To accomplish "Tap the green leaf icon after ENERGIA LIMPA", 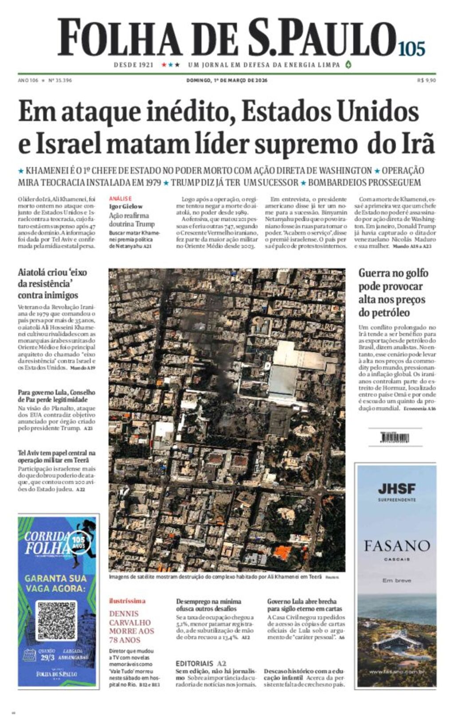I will pos(348,64).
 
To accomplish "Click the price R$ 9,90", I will pos(426,80).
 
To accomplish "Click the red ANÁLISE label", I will pos(120,199).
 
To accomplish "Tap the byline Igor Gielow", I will pos(126,206).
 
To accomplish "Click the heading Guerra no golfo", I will pos(393,273).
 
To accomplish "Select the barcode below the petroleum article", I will pos(395,438).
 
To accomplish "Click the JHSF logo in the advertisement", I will pos(396,489).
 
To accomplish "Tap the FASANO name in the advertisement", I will pos(396,546).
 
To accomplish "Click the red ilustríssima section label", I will pos(127,601).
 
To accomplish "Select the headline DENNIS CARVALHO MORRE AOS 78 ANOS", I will pos(132,627).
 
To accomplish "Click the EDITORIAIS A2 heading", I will pos(201,663).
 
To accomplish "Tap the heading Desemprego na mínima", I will pos(208,601).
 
